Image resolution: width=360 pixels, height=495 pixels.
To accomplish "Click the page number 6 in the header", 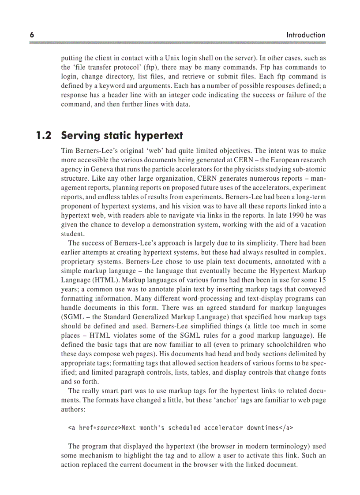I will pyautogui.click(x=32, y=35).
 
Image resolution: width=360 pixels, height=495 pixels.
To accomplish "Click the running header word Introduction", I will pyautogui.click(x=306, y=35).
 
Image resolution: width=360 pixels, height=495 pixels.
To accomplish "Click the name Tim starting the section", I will pyautogui.click(x=67, y=150).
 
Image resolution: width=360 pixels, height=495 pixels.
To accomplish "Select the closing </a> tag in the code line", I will pyautogui.click(x=286, y=428).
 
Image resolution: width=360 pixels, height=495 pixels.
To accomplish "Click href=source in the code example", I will pyautogui.click(x=99, y=428).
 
